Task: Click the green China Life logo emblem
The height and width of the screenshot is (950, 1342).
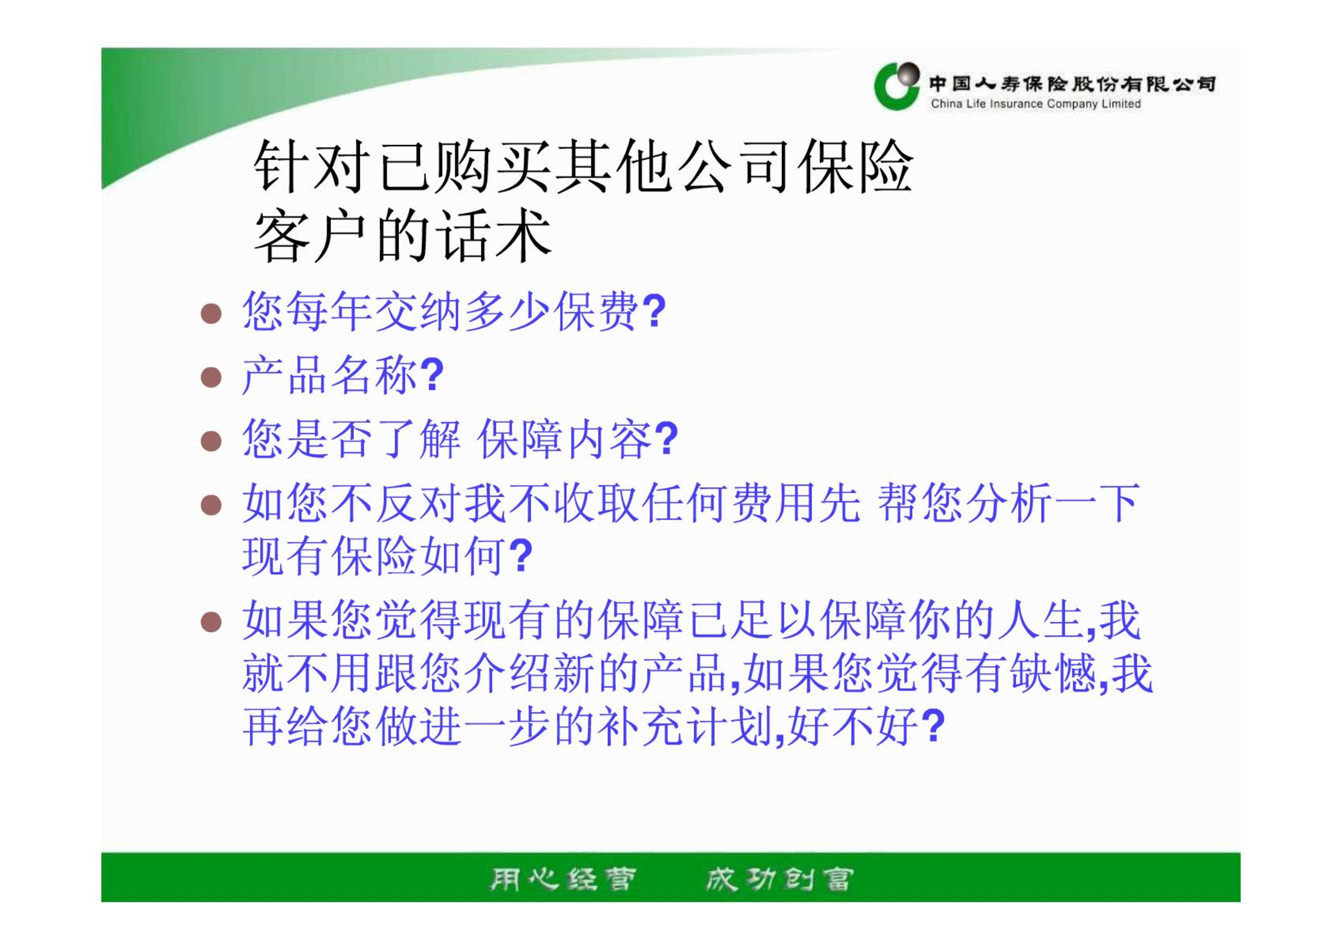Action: (896, 86)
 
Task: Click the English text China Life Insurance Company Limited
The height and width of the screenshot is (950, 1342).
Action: (1036, 104)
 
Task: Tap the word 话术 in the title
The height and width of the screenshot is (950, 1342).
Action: (493, 236)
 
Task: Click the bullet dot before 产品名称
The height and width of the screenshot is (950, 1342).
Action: (211, 377)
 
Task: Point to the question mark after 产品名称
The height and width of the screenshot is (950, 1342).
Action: (432, 375)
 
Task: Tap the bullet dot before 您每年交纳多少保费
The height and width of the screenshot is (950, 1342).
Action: (211, 313)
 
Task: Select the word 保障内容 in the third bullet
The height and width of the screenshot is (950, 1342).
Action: (564, 439)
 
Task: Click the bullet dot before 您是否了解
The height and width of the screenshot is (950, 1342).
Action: (211, 442)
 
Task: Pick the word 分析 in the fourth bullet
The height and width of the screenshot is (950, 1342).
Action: (1008, 503)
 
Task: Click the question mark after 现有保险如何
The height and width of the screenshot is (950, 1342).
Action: (521, 555)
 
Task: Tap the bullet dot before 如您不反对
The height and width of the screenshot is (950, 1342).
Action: (211, 505)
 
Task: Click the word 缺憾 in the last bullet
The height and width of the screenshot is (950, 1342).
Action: (1052, 673)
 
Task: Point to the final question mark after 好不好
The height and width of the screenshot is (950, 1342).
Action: (933, 725)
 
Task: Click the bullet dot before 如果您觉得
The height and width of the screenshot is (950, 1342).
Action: (211, 622)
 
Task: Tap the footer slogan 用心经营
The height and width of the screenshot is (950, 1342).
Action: (563, 879)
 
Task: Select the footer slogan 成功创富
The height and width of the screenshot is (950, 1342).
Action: (779, 879)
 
